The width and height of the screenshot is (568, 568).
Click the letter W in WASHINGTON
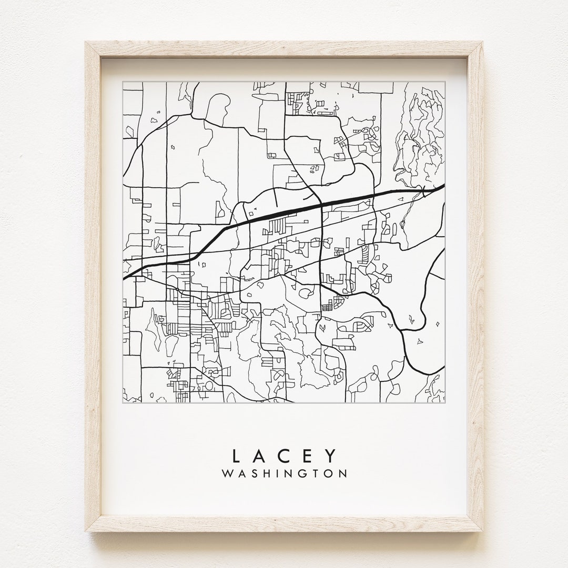[227, 473]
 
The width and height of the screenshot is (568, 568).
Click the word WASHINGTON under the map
[285, 473]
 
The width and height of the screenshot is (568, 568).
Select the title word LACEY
[284, 454]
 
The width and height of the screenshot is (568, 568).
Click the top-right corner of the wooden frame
[482, 43]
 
